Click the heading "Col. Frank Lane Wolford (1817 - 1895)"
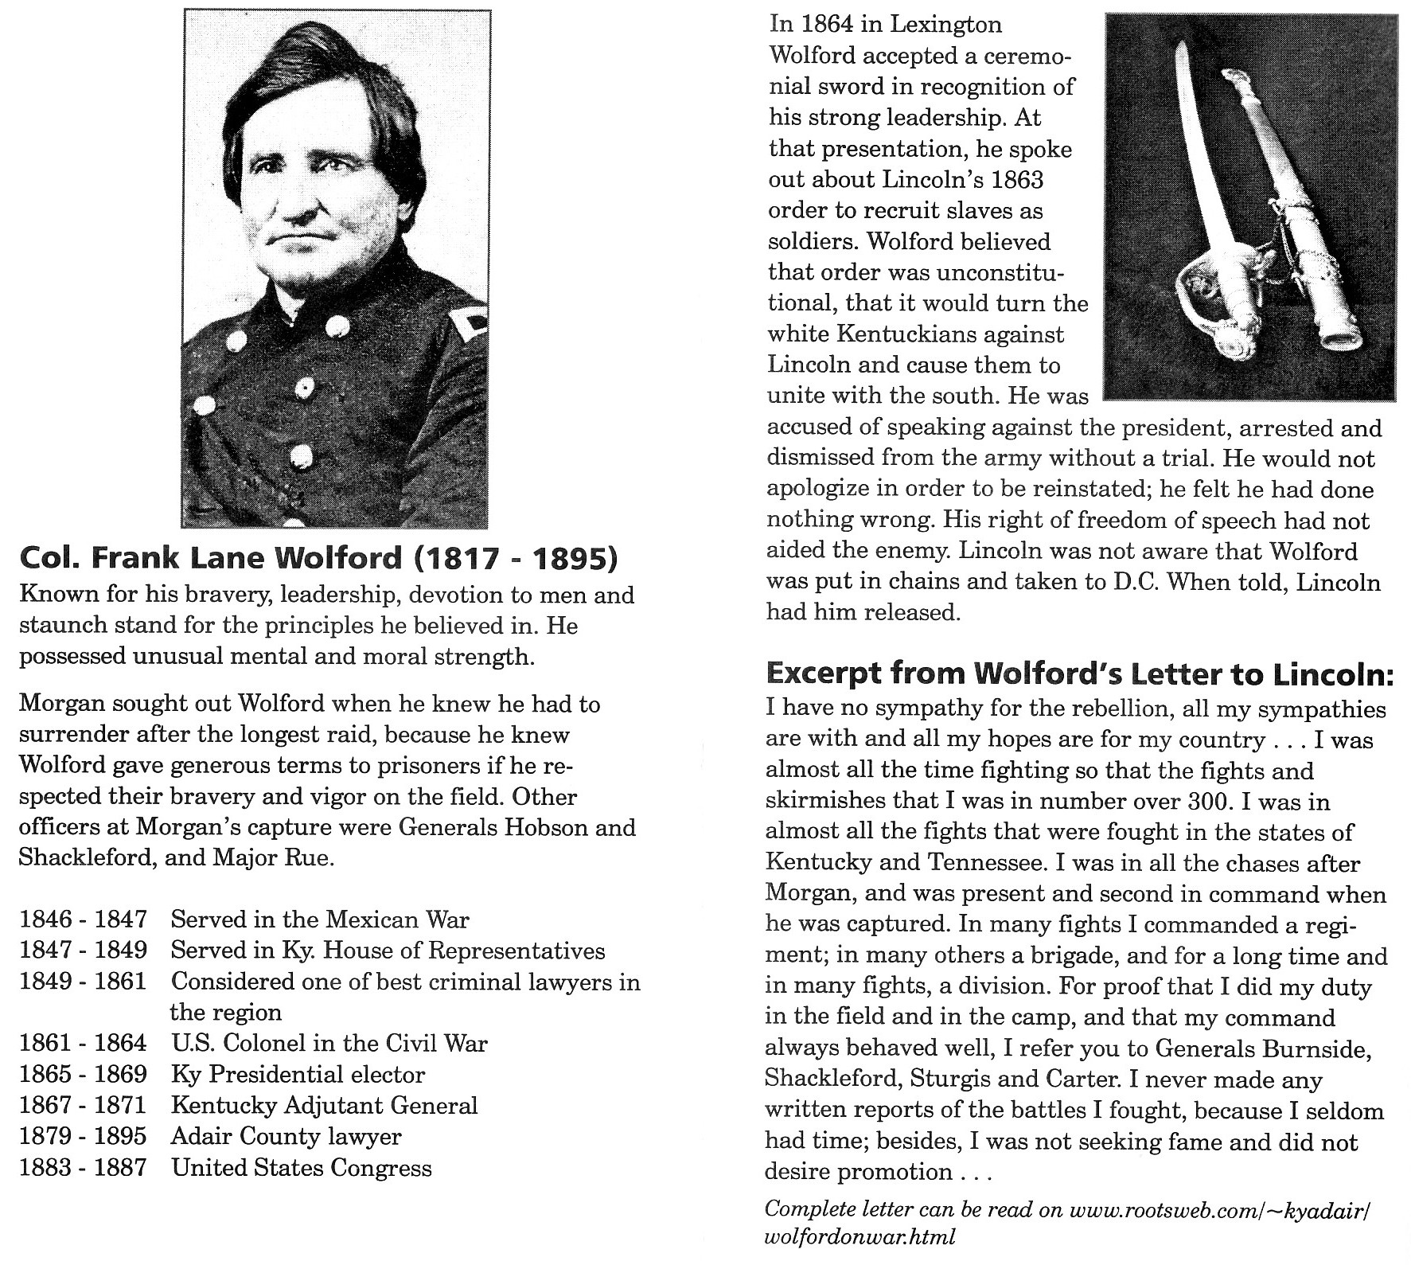click(318, 558)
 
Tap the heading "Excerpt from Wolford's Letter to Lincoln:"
click(1079, 673)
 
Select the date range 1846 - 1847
click(83, 919)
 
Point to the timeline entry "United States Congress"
click(302, 1168)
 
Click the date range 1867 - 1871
click(83, 1106)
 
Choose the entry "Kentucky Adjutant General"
click(324, 1106)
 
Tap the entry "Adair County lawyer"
click(286, 1137)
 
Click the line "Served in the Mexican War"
click(320, 919)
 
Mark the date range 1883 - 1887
click(83, 1168)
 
